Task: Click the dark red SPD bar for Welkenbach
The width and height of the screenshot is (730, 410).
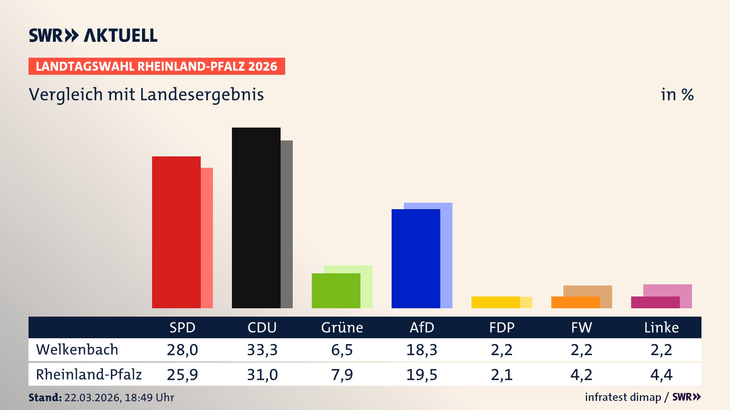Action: tap(176, 232)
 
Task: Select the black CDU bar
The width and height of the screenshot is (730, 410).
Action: tap(256, 218)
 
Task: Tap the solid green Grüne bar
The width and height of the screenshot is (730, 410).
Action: tap(336, 291)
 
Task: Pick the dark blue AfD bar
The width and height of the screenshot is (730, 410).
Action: tap(416, 259)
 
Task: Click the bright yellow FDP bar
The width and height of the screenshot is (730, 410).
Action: tap(496, 302)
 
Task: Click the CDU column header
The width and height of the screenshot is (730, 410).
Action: tap(262, 327)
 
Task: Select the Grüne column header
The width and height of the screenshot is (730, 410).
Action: tap(342, 327)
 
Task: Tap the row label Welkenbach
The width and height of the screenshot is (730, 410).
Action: tap(77, 350)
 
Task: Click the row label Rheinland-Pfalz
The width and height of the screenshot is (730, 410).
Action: tap(89, 375)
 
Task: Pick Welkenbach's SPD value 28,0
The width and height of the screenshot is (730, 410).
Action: tap(182, 350)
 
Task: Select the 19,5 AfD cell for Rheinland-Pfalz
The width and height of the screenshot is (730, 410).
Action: tap(422, 375)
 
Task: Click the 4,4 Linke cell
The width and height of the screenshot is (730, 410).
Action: tap(661, 375)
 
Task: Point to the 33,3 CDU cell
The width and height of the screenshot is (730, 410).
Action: tap(262, 350)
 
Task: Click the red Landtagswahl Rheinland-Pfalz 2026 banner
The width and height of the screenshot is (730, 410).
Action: tap(157, 66)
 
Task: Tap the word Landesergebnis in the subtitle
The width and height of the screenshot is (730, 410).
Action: tap(202, 95)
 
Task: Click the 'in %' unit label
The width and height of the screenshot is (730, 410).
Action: tap(677, 95)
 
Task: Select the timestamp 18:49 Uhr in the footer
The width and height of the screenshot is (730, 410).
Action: tap(149, 397)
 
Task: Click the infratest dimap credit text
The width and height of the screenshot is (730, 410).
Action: tap(623, 397)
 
